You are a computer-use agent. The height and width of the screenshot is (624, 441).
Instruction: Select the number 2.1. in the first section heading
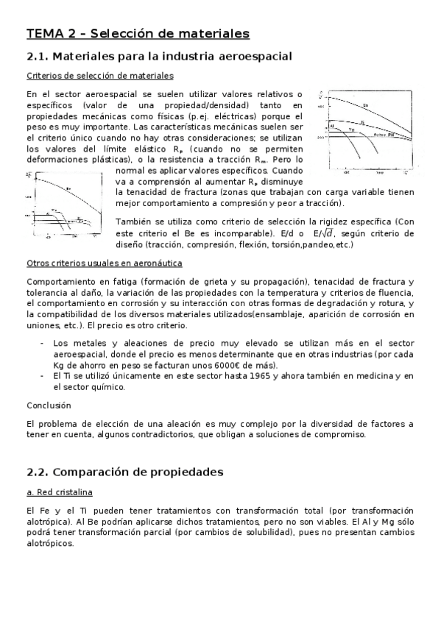pos(38,56)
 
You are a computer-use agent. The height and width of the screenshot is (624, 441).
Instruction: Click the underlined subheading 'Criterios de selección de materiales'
pos(100,75)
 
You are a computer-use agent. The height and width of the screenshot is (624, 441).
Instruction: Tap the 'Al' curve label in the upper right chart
pos(333,126)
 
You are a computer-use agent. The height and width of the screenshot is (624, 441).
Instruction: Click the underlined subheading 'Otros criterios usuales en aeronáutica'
pos(105,263)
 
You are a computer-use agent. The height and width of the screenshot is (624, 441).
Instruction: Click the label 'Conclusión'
pos(49,405)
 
